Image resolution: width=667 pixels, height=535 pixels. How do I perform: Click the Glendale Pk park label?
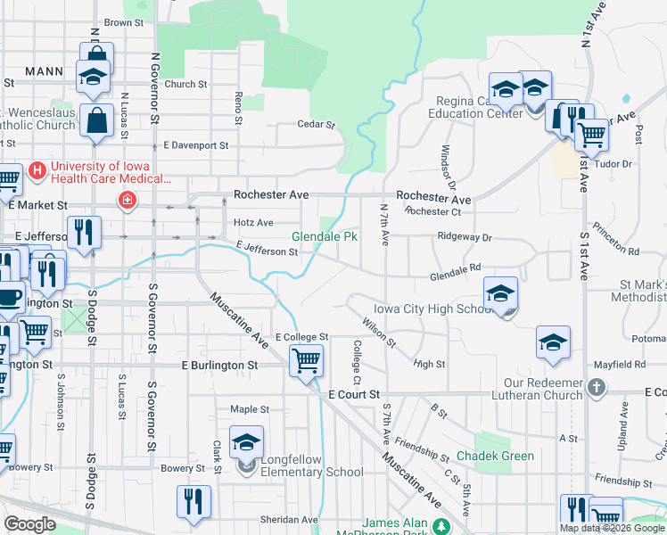point(325,236)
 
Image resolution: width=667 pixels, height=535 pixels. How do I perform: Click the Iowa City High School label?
point(433,309)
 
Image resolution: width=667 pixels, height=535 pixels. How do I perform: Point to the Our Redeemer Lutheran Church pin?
point(597,388)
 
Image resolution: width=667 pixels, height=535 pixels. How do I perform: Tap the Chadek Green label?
point(495,456)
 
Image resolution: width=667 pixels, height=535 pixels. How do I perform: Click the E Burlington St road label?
point(219,366)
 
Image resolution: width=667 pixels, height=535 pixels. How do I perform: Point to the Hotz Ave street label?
point(253,222)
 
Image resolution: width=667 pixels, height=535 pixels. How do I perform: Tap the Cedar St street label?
point(316,125)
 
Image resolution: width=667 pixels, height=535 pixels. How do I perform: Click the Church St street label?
point(185,85)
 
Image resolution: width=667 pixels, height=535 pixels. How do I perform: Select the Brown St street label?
point(123,22)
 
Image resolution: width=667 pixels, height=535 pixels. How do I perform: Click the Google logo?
point(29,524)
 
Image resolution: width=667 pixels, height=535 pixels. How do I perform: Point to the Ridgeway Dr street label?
point(465,238)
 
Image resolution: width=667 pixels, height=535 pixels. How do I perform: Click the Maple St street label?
point(250,410)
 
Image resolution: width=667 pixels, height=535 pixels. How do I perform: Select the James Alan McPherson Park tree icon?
point(439,526)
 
